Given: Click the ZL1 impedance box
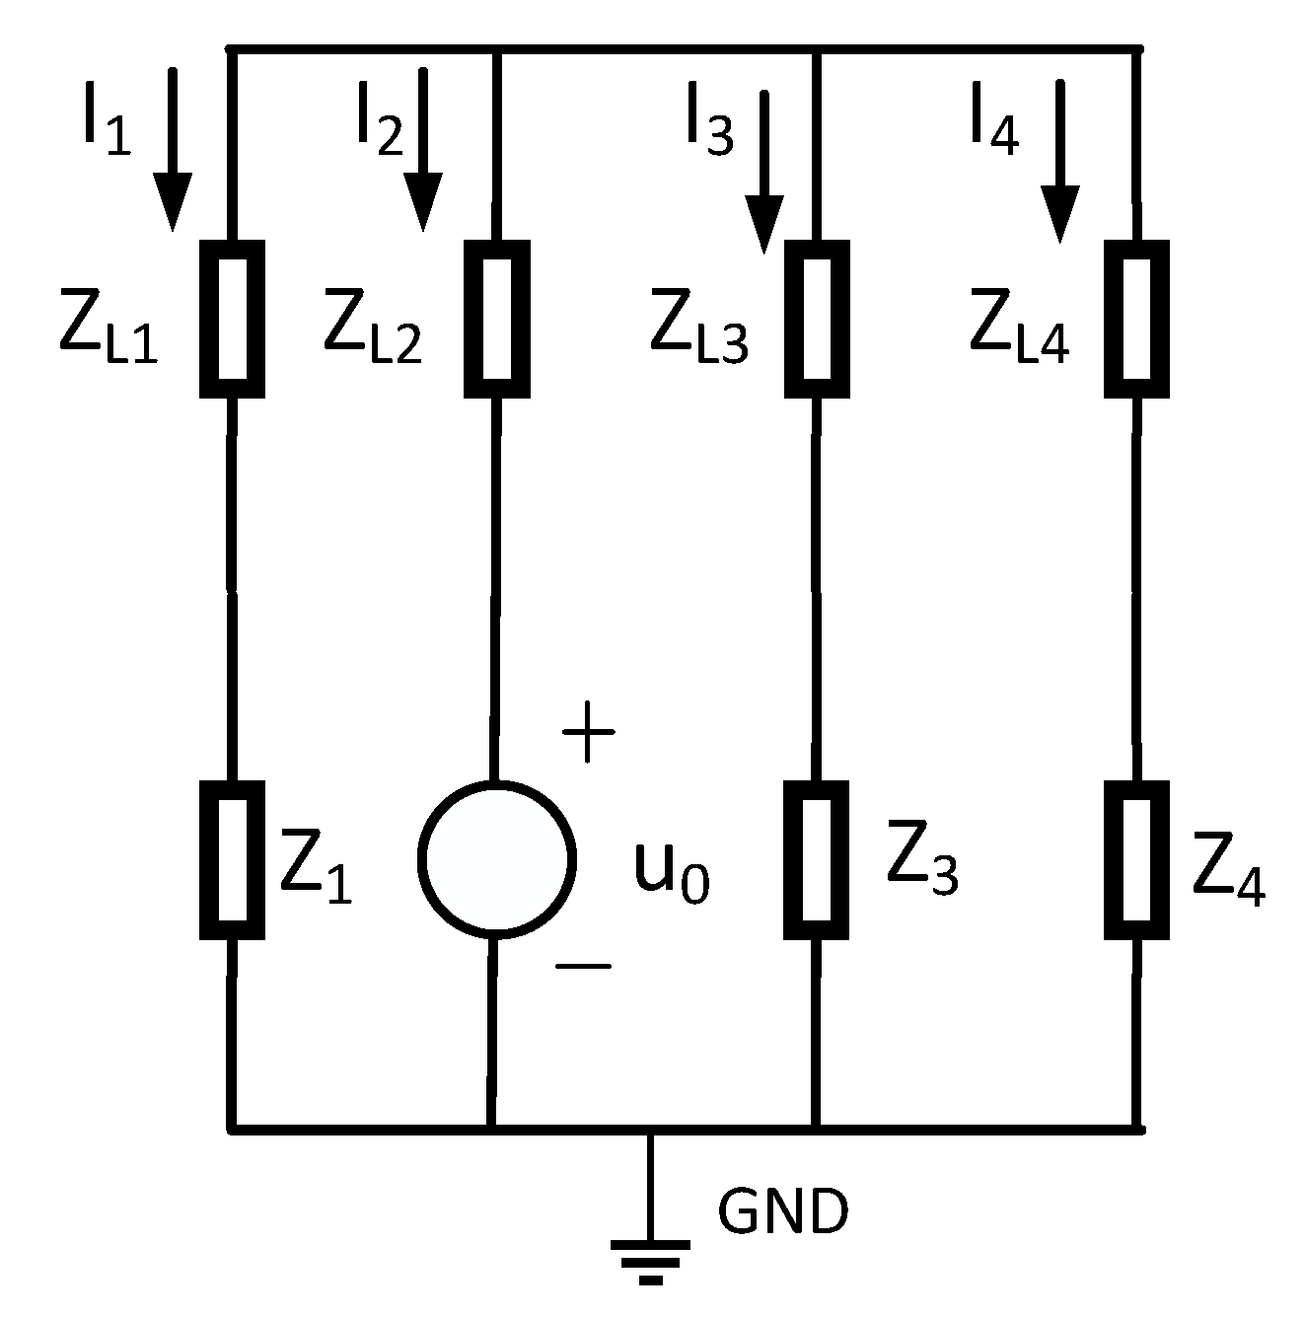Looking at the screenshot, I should (x=232, y=319).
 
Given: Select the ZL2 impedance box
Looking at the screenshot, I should (x=496, y=319).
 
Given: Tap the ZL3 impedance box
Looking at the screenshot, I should (x=817, y=319).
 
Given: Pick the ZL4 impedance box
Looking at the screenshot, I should (x=1135, y=319).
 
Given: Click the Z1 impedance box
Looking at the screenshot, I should (x=232, y=859).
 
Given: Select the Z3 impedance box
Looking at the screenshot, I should (x=817, y=859).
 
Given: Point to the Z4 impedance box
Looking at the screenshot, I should (x=1136, y=859).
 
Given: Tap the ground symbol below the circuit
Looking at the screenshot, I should (x=650, y=1258).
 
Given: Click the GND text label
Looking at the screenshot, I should (x=782, y=1212).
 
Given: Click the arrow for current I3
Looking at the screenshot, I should (x=764, y=172).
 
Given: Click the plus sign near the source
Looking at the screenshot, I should (x=588, y=733).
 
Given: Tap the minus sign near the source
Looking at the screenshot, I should (x=583, y=966).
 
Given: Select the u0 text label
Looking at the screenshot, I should (x=671, y=873).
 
